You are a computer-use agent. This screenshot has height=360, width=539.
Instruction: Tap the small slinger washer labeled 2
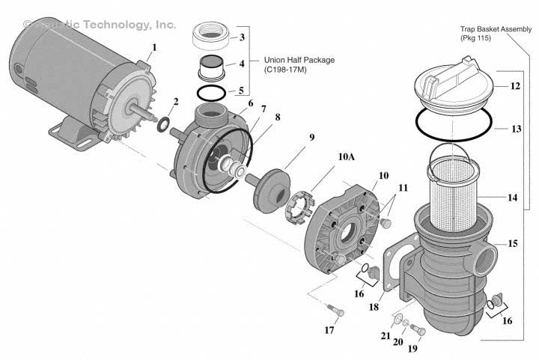click(x=162, y=121)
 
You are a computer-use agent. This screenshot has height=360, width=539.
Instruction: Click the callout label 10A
click(x=347, y=158)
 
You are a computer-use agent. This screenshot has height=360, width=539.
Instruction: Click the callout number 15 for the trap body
click(x=513, y=243)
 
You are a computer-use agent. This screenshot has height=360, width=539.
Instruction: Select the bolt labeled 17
click(x=335, y=310)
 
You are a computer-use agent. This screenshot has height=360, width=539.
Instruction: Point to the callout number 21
click(x=385, y=337)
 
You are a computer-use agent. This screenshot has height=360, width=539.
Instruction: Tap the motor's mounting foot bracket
click(x=71, y=135)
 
